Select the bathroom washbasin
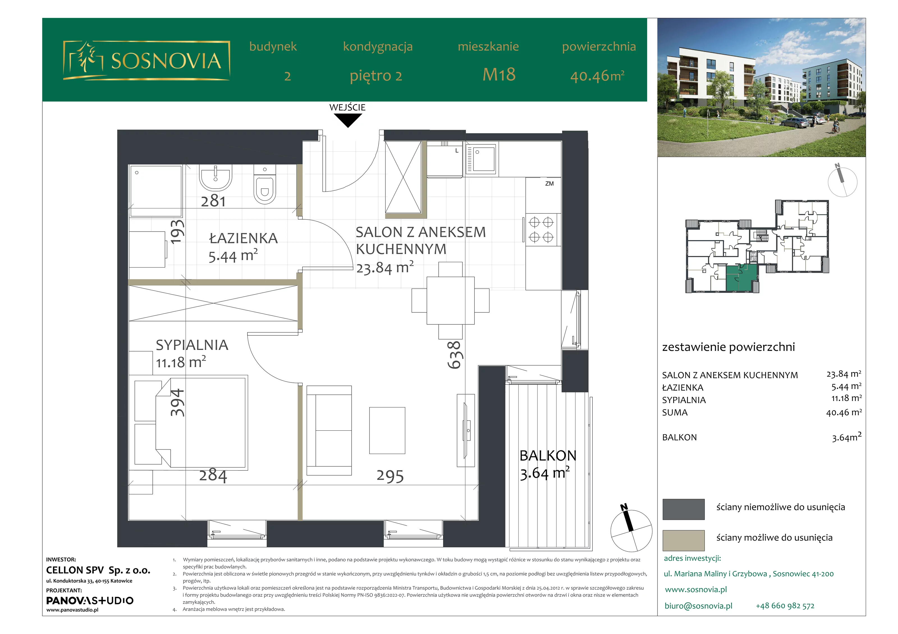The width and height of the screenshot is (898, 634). [x=216, y=178]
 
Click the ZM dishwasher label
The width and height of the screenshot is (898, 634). [x=549, y=183]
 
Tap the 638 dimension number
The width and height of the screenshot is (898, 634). [x=455, y=355]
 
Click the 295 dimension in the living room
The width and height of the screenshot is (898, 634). [x=390, y=476]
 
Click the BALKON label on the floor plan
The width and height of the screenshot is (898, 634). [x=548, y=456]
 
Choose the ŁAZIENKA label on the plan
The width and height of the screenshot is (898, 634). [x=244, y=238]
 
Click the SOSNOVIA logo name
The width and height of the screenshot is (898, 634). [x=166, y=61]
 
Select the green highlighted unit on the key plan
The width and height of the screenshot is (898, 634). [x=742, y=278]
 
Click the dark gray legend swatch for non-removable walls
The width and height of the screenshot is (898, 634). [x=684, y=509]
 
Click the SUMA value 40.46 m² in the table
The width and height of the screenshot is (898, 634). [x=844, y=412]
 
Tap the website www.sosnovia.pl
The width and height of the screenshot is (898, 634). [x=696, y=589]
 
